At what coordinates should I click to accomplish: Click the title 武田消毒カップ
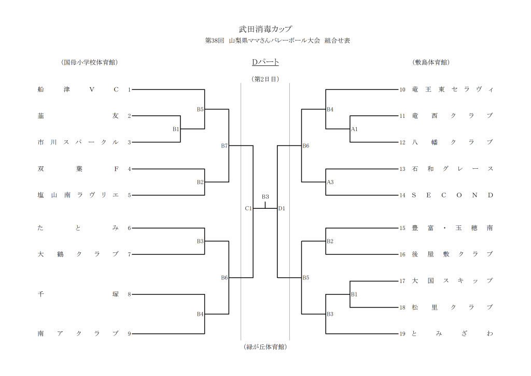(x=265, y=29)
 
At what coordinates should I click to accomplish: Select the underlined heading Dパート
(x=265, y=62)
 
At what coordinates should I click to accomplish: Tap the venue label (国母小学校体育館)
(x=89, y=62)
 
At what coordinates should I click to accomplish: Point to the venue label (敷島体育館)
(x=431, y=62)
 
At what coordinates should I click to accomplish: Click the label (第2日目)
(x=265, y=79)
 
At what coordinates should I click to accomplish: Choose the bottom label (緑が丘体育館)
(x=265, y=346)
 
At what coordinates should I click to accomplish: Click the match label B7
(x=224, y=146)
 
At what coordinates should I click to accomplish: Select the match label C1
(x=248, y=208)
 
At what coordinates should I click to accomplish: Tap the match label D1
(x=282, y=208)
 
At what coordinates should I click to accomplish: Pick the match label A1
(x=355, y=129)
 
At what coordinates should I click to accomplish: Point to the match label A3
(x=330, y=182)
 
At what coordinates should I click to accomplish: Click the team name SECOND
(x=452, y=195)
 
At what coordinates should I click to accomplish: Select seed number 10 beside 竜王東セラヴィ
(x=402, y=89)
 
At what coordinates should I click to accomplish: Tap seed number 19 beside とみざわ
(x=402, y=333)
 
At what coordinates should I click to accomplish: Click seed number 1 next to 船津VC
(x=129, y=89)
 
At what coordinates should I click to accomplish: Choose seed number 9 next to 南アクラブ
(x=129, y=333)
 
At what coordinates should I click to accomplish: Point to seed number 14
(x=402, y=195)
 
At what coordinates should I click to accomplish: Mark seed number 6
(x=129, y=228)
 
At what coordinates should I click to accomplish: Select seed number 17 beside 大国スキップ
(x=402, y=281)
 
